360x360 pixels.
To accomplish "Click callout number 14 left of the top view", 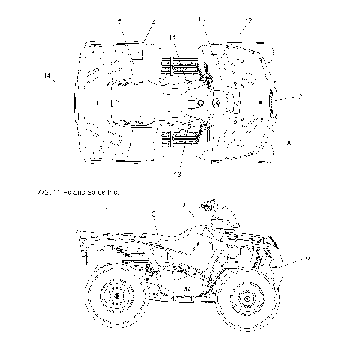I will tap(46, 76).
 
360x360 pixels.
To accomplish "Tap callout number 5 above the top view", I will tap(120, 22).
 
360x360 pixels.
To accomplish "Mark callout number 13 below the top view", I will tap(178, 174).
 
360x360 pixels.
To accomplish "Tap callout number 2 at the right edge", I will tap(300, 96).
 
